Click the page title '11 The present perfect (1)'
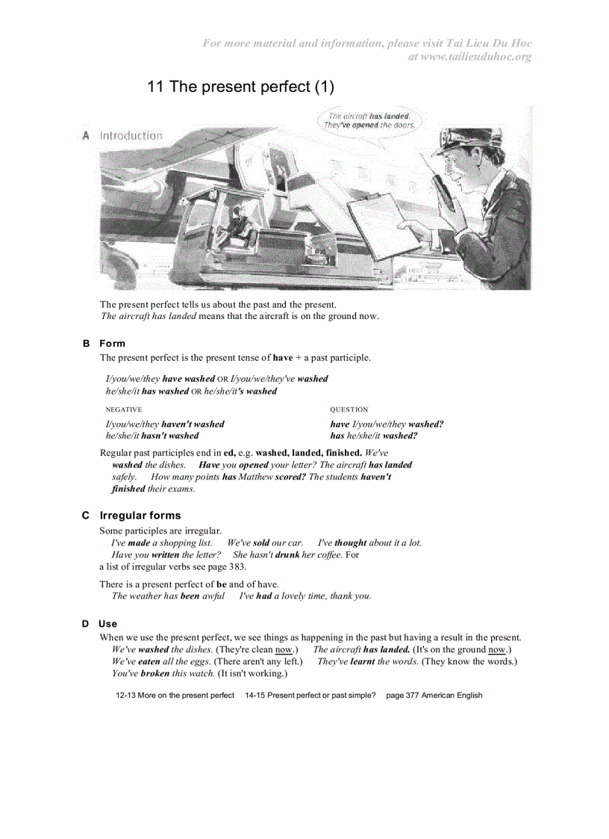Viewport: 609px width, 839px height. [x=240, y=87]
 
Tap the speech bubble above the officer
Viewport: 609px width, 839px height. [x=369, y=121]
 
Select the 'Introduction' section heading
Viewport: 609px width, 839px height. [x=131, y=136]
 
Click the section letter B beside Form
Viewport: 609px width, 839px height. [x=86, y=344]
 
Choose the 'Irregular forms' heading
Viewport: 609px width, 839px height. [x=140, y=516]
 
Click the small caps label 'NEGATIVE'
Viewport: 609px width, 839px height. [x=124, y=409]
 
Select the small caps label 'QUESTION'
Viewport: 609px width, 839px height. [x=349, y=409]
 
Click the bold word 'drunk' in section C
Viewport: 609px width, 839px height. [x=287, y=555]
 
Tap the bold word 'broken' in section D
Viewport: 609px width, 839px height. [x=155, y=673]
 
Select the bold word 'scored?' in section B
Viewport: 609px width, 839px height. [x=290, y=477]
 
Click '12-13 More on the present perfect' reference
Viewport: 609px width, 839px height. [x=175, y=696]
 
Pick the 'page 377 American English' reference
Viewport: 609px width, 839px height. [x=434, y=696]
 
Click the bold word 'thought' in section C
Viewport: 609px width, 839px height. [x=350, y=543]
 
